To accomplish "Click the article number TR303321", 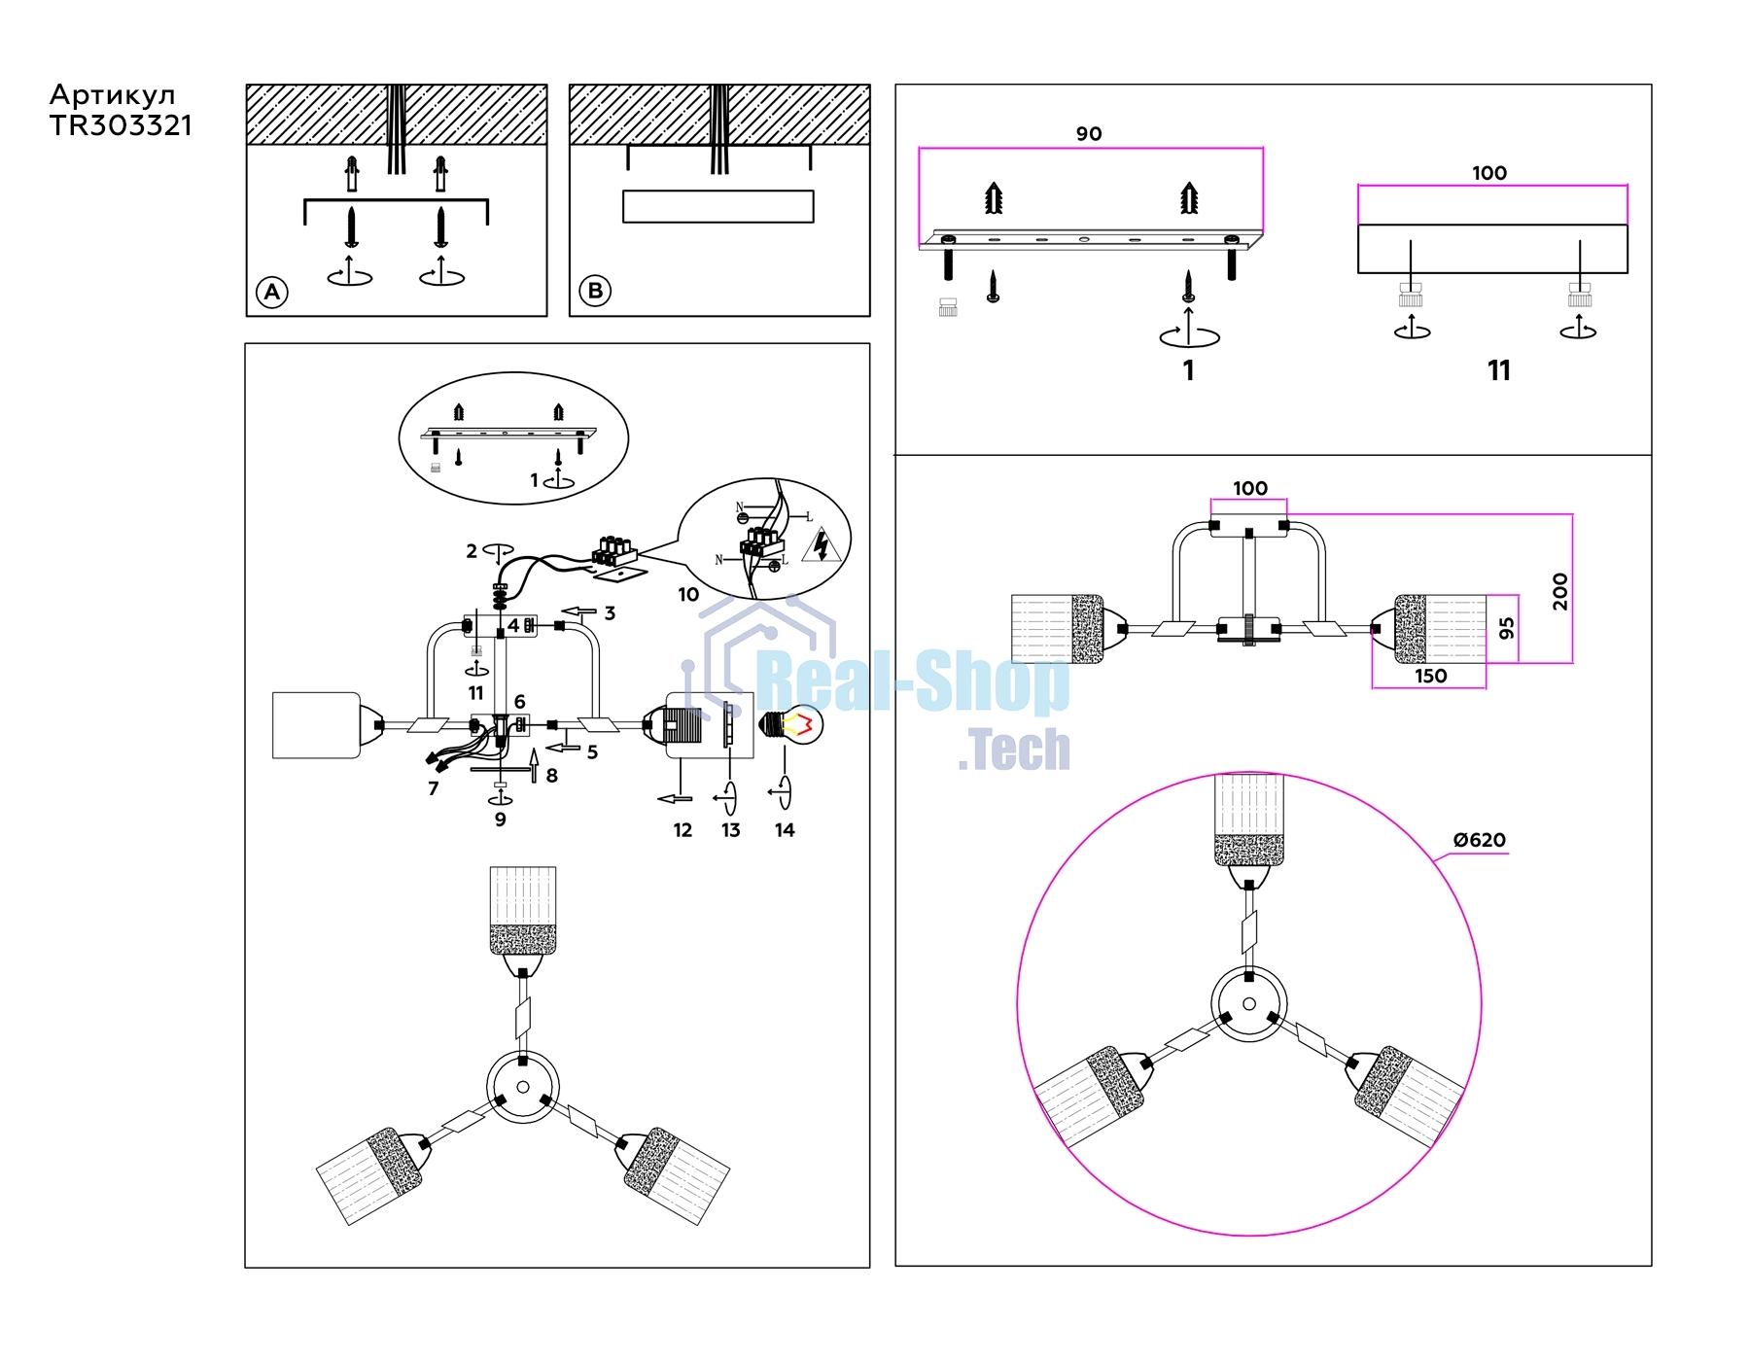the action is [121, 125].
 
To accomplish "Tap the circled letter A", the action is [272, 292].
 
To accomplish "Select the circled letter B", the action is [595, 291].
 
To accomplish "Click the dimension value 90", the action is [1089, 134].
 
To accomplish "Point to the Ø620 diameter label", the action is [1479, 840].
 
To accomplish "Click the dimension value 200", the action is [1560, 591].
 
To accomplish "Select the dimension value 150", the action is [1430, 676].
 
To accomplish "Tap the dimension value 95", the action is [1507, 628].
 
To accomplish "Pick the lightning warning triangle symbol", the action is [822, 545].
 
